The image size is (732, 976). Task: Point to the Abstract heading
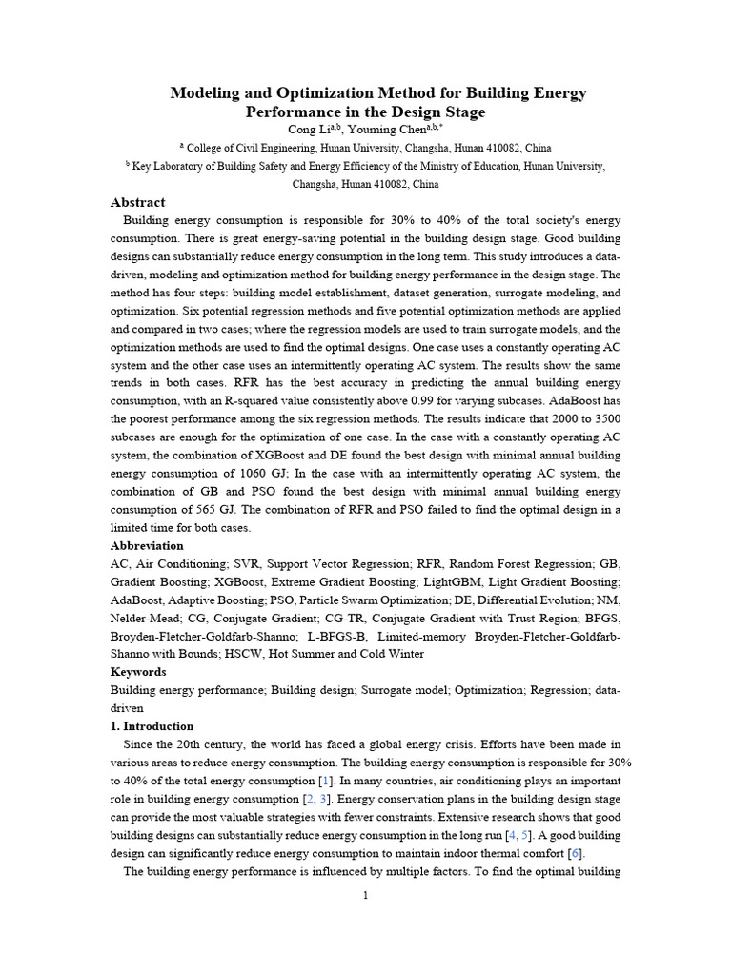point(137,203)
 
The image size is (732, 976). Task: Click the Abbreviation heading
point(147,546)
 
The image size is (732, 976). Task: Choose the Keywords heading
point(138,672)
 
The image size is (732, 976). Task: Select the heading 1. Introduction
point(152,726)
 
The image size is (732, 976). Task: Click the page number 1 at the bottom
point(365,896)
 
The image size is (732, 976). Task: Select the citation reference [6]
point(576,853)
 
